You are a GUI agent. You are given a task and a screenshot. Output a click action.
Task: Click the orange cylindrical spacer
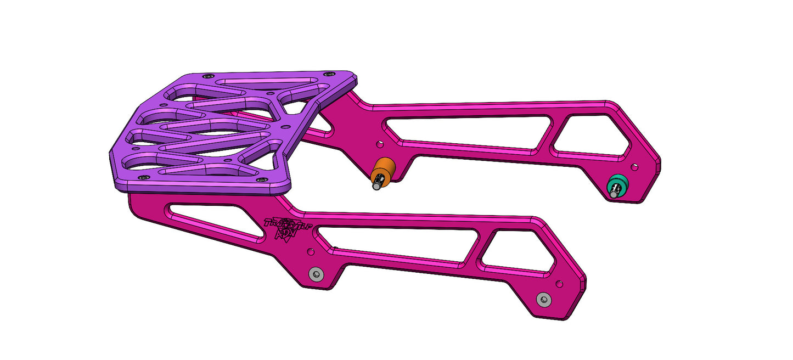pos(385,168)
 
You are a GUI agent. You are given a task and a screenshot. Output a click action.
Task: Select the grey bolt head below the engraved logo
pos(315,274)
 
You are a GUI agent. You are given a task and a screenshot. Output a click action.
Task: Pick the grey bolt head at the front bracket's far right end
pos(543,300)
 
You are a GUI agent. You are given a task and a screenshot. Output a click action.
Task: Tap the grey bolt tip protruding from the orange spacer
pos(377,186)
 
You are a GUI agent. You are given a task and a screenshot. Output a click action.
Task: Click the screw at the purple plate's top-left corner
pos(207,76)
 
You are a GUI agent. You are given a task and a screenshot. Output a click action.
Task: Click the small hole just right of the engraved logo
pos(311,251)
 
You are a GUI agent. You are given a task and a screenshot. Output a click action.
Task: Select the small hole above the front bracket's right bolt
pos(559,284)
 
